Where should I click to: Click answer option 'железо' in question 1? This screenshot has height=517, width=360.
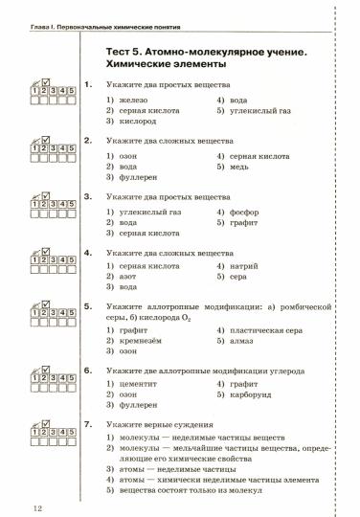(x=137, y=100)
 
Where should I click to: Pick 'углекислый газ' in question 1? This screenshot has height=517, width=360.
(x=251, y=111)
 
